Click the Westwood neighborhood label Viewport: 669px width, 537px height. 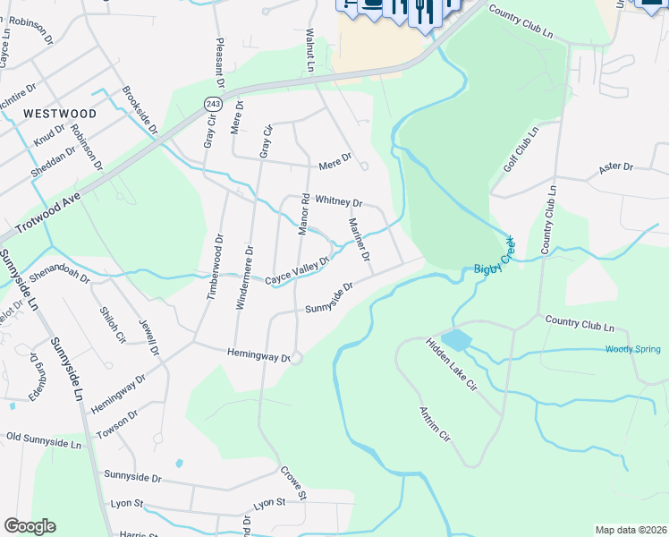tap(59, 114)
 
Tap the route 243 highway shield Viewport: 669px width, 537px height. tap(212, 104)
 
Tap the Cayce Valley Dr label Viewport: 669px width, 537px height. tap(297, 272)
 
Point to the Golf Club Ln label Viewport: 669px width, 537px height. tap(521, 148)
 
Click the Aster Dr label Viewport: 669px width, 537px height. tap(615, 167)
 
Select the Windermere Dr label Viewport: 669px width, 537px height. tap(243, 277)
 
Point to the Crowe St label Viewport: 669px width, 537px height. tap(293, 482)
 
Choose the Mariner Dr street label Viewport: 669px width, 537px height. tap(360, 240)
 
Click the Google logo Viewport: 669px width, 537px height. tap(30, 525)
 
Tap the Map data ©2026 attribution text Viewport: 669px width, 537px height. tap(631, 530)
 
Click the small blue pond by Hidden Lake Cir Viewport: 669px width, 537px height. tap(455, 340)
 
